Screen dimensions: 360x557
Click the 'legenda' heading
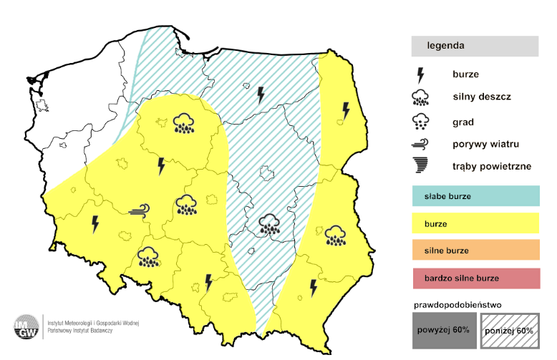[x=445, y=46]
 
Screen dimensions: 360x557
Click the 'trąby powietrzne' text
[x=491, y=166]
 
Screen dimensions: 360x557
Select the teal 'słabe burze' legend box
[x=474, y=195]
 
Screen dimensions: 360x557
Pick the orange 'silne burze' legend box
[x=474, y=250]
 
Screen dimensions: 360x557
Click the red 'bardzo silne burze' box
[x=474, y=278]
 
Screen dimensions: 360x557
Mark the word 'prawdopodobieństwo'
[x=457, y=305]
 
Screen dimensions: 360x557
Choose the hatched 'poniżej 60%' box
[x=509, y=330]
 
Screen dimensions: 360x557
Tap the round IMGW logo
[x=27, y=326]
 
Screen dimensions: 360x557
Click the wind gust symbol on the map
[x=139, y=210]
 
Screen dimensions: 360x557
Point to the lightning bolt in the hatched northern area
[x=261, y=94]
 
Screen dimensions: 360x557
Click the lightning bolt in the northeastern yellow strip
[x=346, y=110]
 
